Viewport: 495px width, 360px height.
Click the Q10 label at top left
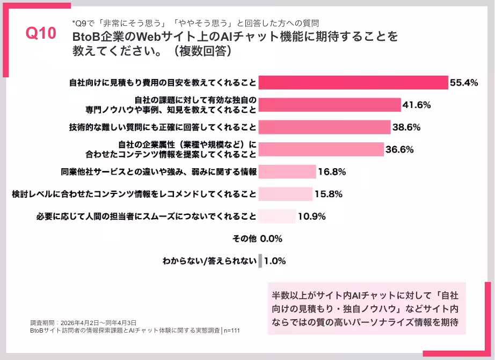(x=41, y=33)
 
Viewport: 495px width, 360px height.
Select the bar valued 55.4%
(x=353, y=83)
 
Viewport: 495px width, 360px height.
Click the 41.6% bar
(x=330, y=105)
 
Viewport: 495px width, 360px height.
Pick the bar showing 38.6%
(x=324, y=127)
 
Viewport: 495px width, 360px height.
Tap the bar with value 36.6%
(x=321, y=149)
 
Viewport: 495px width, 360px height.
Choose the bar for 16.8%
(x=287, y=172)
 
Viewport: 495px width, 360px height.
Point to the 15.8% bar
(x=286, y=194)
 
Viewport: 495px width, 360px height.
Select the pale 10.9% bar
(x=277, y=217)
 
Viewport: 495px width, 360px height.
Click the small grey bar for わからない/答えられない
(x=260, y=261)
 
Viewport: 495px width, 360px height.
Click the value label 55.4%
(x=464, y=83)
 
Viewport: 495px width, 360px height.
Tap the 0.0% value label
(x=272, y=239)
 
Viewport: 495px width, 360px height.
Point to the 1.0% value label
(x=275, y=261)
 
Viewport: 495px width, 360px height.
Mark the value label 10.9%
(x=311, y=217)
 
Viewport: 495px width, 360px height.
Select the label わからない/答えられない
(x=209, y=261)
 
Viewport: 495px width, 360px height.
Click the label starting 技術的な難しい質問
(x=162, y=127)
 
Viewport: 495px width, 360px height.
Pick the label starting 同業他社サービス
(x=159, y=172)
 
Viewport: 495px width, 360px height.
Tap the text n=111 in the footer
(x=231, y=331)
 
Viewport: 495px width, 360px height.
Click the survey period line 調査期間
(x=83, y=323)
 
